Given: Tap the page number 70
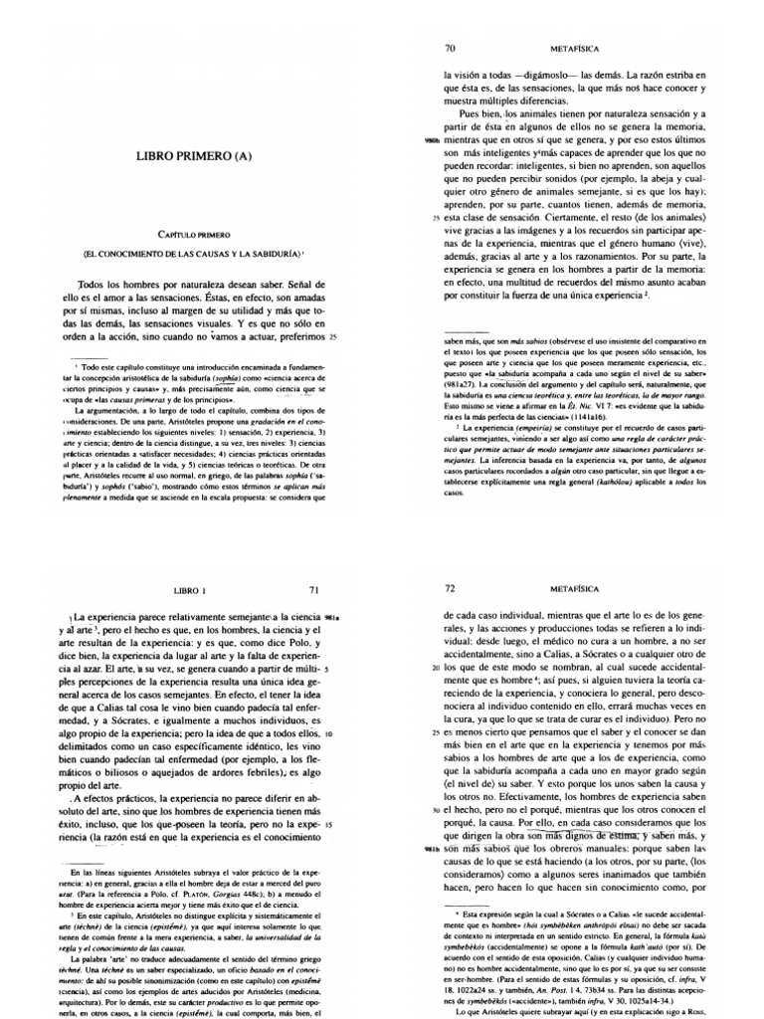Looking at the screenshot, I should point(449,46).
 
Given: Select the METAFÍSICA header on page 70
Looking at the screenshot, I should point(590,46).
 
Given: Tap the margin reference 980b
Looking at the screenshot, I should point(430,142).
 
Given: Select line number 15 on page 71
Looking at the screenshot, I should point(328,826).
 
